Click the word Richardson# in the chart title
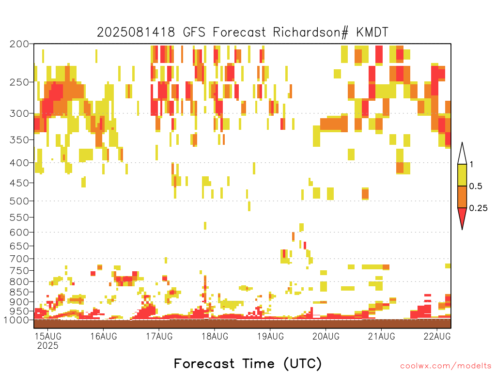click(310, 32)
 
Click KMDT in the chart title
click(372, 32)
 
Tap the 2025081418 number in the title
click(136, 32)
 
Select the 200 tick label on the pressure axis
click(19, 44)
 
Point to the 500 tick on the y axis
click(19, 201)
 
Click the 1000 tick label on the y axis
click(16, 320)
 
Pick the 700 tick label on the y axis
click(19, 259)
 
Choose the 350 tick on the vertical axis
click(19, 140)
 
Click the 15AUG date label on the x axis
click(48, 336)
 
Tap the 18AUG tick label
click(215, 336)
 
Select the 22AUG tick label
click(437, 336)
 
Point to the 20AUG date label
click(326, 336)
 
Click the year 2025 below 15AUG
click(48, 345)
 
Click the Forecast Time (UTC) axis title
click(248, 364)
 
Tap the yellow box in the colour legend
click(462, 175)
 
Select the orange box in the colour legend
click(462, 197)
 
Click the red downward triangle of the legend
click(462, 217)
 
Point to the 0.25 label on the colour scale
click(478, 208)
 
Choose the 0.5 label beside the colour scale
click(476, 186)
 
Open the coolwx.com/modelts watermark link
click(446, 366)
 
